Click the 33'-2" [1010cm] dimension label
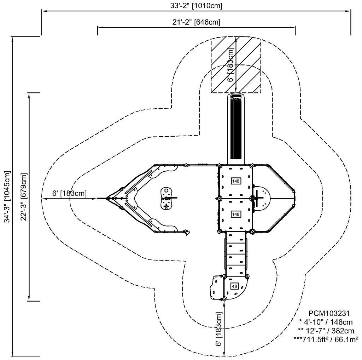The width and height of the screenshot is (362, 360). click(196, 6)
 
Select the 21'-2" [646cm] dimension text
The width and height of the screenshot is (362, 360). click(196, 22)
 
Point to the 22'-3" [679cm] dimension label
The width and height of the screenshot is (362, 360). click(24, 197)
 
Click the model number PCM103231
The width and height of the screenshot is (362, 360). click(329, 313)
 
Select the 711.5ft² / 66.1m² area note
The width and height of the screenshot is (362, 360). click(326, 339)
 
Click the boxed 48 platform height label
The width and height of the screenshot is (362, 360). click(234, 286)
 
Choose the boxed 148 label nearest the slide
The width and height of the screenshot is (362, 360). click(236, 181)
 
